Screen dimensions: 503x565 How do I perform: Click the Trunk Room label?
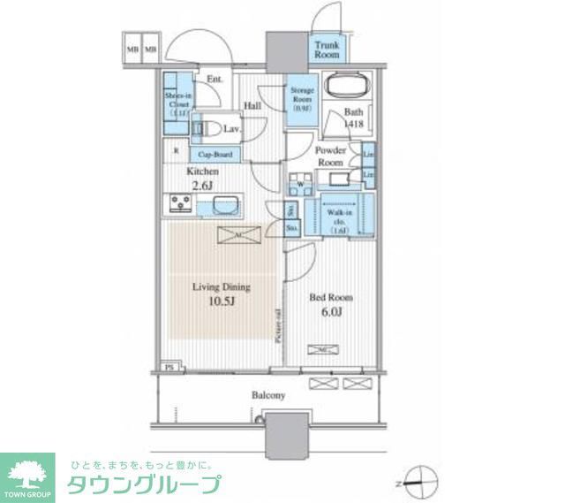tap(327, 49)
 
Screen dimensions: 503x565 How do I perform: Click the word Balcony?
tap(267, 395)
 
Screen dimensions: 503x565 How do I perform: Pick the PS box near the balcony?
tap(169, 366)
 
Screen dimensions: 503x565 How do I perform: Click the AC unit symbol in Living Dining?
tap(239, 234)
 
